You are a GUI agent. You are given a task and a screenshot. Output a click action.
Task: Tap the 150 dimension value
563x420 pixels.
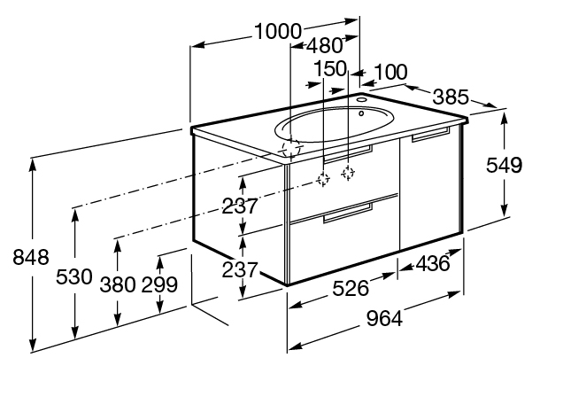[329, 69]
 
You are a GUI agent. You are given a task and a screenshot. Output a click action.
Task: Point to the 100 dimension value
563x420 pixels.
[390, 71]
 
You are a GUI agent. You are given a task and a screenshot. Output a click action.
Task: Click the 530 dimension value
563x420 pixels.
[73, 277]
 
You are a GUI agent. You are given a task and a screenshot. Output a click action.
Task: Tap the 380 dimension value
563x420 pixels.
[118, 284]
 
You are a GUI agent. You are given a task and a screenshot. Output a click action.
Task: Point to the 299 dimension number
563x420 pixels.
[159, 284]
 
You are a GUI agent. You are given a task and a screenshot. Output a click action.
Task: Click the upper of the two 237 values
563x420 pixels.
[239, 206]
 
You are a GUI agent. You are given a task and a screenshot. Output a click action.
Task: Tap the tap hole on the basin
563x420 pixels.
[362, 113]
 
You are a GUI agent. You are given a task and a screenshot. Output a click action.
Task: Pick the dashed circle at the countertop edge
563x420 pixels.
[289, 150]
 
